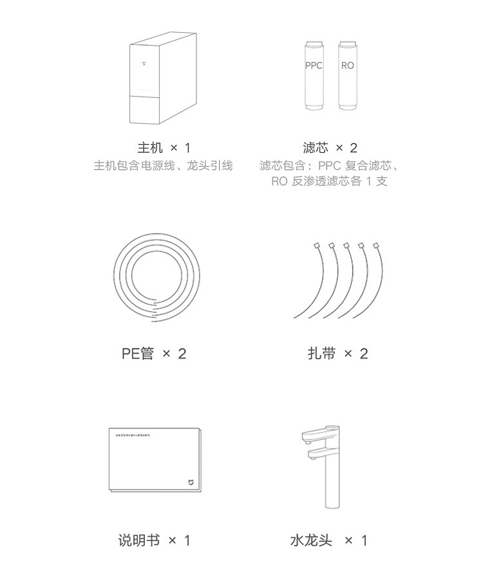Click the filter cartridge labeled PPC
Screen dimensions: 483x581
314,76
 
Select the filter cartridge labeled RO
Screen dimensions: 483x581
348,76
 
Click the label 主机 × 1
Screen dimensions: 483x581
164,148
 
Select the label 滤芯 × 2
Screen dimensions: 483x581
330,148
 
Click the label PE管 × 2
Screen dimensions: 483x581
153,354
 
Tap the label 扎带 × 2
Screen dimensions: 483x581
337,354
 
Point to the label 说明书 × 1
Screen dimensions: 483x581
154,540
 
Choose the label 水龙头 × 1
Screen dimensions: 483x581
328,540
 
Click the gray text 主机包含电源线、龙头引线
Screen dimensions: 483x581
163,166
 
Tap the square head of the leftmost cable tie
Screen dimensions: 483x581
317,245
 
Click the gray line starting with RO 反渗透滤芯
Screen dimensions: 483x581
329,181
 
